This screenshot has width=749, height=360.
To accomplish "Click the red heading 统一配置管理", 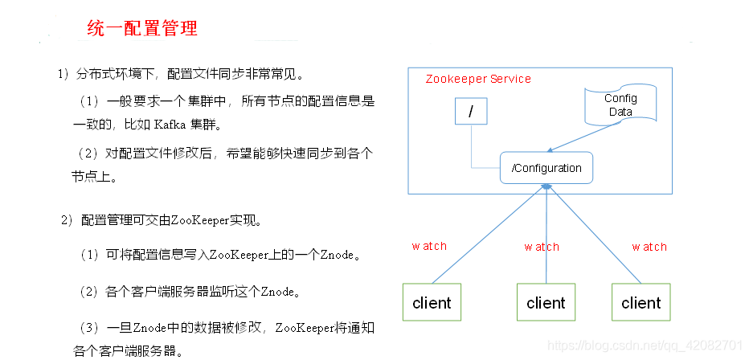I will (142, 29).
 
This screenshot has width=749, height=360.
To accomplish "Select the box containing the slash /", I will (471, 112).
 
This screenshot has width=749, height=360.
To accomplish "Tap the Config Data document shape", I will (620, 105).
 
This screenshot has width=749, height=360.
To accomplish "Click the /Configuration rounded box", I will (546, 168).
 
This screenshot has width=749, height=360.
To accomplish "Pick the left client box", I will (432, 303).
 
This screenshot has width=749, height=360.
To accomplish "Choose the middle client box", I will (546, 303).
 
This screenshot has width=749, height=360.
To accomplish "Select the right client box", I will (641, 303).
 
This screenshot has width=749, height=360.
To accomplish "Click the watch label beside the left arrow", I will (429, 246).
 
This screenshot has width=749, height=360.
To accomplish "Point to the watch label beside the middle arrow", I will (542, 246).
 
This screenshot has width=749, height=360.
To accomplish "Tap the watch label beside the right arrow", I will (649, 246).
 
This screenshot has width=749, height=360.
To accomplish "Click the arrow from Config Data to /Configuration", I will (581, 137).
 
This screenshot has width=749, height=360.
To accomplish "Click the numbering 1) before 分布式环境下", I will (63, 75).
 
